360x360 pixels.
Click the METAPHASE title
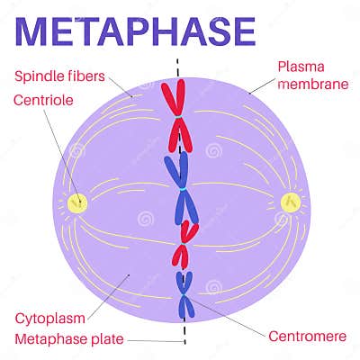pyautogui.click(x=136, y=29)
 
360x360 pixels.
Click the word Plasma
pyautogui.click(x=302, y=66)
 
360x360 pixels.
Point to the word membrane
pyautogui.click(x=311, y=84)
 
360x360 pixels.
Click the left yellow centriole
pyautogui.click(x=77, y=202)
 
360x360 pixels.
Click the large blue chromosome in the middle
pyautogui.click(x=180, y=184)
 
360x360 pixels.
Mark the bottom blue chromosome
pyautogui.click(x=185, y=297)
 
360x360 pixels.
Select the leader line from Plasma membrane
pyautogui.click(x=259, y=87)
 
